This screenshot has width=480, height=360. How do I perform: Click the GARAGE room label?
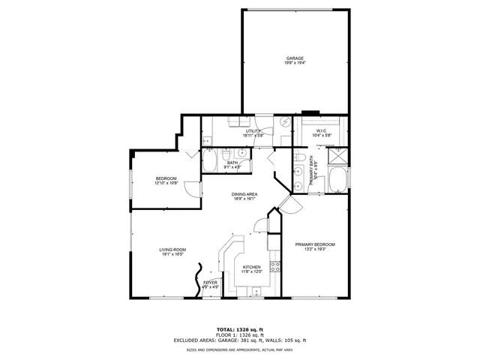coord(294,58)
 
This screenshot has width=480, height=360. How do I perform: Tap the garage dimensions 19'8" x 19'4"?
coord(294,63)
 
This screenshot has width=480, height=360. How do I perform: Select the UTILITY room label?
coord(252,131)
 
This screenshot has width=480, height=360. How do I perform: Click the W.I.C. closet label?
coord(321,131)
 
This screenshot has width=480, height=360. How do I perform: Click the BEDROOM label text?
coord(166,178)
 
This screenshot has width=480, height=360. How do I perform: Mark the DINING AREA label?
coord(245,194)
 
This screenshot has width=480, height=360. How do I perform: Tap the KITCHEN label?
coord(251,267)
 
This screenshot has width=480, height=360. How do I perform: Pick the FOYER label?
coord(211,282)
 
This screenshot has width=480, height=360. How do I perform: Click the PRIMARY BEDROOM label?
coord(314,244)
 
